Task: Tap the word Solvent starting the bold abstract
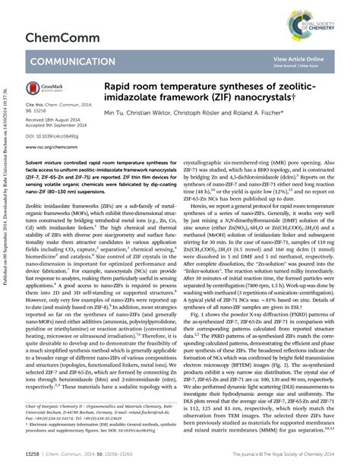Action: click(36, 163)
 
